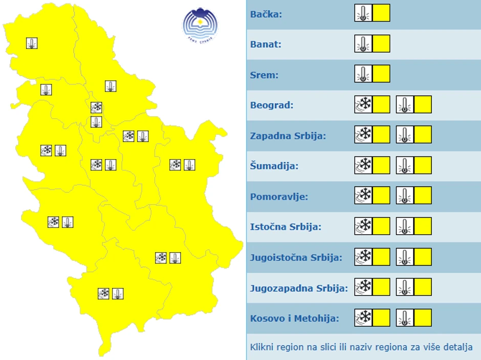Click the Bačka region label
coord(266,14)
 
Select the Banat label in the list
coord(266,44)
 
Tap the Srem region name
coord(264,75)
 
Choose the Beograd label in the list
coord(272,105)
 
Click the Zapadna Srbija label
coord(295,136)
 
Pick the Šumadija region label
coord(274,166)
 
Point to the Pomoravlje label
coord(279,196)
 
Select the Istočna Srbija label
coord(286,227)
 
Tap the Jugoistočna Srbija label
coord(296,257)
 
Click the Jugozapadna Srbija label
coord(299,287)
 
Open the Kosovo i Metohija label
coord(294,318)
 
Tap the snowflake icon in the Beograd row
coord(363,104)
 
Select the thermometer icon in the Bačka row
coord(363,13)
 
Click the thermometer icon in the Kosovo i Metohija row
coord(405,318)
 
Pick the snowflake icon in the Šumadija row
coord(363,165)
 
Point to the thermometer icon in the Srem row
coord(363,74)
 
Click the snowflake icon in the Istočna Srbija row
coord(363,226)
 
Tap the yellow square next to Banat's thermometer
coord(381,43)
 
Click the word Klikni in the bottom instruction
coord(262,347)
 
